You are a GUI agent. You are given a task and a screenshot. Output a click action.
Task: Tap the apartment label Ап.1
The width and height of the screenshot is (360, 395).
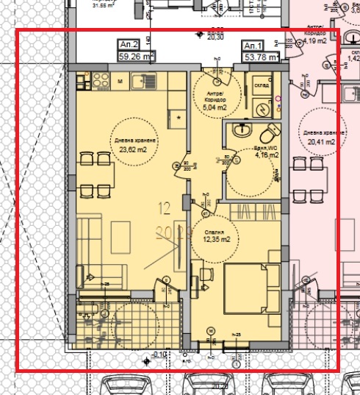click(x=253, y=46)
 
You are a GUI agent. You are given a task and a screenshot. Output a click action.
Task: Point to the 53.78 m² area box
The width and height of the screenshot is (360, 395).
click(x=261, y=56)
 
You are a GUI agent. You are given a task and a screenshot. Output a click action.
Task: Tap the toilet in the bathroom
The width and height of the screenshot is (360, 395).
click(x=270, y=133)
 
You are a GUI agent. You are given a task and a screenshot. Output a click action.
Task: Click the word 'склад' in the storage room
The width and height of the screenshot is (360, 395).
click(x=262, y=85)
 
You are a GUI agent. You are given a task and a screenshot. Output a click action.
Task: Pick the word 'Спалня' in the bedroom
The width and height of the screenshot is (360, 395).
click(x=215, y=231)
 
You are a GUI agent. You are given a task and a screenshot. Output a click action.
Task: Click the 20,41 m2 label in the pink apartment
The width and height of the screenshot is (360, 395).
click(x=321, y=141)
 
